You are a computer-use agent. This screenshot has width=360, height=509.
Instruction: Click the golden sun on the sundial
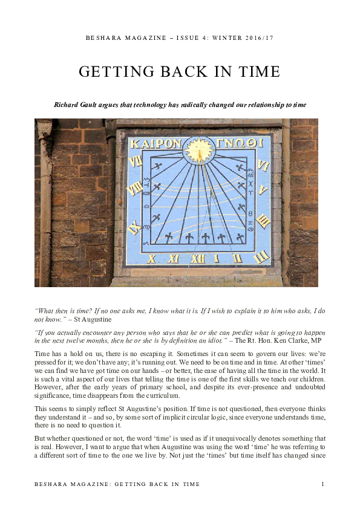pyautogui.click(x=199, y=150)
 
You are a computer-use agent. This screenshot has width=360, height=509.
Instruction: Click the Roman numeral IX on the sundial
pyautogui.click(x=136, y=229)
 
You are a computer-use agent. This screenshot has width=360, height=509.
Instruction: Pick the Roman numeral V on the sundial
pyautogui.click(x=263, y=189)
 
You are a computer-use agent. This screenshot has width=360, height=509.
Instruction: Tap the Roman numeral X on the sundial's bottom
pyautogui.click(x=151, y=259)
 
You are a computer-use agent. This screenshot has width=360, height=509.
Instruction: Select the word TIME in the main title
pyautogui.click(x=258, y=72)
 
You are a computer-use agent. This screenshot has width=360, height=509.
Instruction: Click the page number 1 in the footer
pyautogui.click(x=323, y=484)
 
